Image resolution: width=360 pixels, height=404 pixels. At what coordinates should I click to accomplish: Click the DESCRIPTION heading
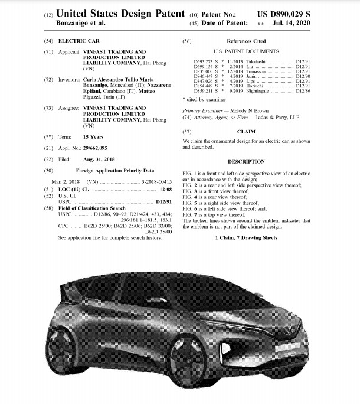click(x=246, y=161)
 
